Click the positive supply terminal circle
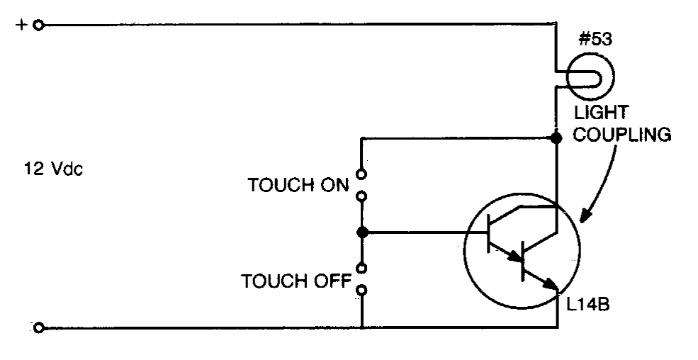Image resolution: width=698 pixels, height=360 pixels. [39, 26]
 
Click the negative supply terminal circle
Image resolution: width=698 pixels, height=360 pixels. [39, 328]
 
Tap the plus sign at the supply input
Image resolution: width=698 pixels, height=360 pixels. [21, 25]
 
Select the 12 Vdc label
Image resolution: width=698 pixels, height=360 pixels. [53, 169]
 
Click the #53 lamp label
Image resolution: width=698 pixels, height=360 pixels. [595, 40]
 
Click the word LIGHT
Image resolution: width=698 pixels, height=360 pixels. [600, 113]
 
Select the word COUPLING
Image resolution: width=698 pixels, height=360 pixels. [622, 135]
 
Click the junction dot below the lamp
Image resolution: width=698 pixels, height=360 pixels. [556, 137]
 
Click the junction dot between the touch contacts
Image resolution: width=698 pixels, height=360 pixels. [362, 232]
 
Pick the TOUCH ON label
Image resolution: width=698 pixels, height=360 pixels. [298, 185]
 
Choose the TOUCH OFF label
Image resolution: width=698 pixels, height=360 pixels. [296, 281]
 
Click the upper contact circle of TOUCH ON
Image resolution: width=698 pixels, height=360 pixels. [362, 174]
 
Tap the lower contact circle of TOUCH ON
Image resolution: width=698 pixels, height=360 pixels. [362, 196]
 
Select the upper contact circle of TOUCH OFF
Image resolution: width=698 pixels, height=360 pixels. [362, 269]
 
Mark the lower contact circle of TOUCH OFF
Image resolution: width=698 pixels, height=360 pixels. [362, 291]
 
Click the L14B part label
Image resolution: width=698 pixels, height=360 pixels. [587, 305]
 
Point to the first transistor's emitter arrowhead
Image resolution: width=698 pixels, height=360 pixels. [514, 256]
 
